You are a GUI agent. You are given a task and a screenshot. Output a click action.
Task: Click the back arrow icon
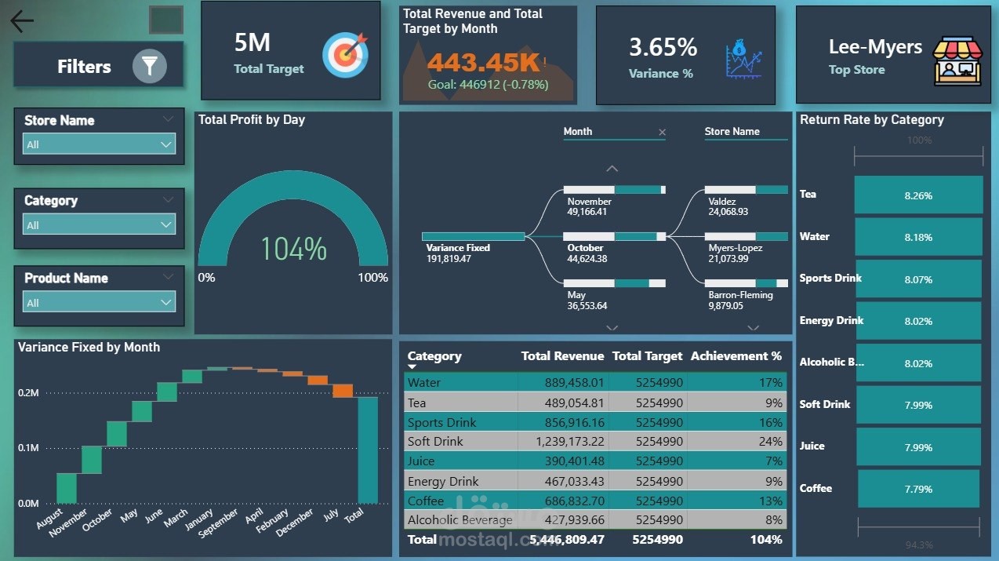pyautogui.click(x=22, y=21)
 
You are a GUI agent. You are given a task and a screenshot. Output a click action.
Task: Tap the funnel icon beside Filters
pyautogui.click(x=149, y=67)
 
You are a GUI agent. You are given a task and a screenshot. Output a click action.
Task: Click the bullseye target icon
pyautogui.click(x=345, y=54)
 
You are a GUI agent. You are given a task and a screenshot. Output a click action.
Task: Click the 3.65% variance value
pyautogui.click(x=663, y=48)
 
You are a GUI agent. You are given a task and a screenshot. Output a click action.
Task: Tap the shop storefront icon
pyautogui.click(x=957, y=60)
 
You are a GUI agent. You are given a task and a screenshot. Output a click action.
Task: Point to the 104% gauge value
pyautogui.click(x=293, y=249)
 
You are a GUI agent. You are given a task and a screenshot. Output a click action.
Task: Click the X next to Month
pyautogui.click(x=662, y=133)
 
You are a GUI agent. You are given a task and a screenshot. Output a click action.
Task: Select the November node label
pyautogui.click(x=589, y=202)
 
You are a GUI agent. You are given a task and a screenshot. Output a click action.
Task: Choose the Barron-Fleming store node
pyautogui.click(x=740, y=295)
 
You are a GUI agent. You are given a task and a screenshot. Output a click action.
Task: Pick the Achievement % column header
pyautogui.click(x=736, y=356)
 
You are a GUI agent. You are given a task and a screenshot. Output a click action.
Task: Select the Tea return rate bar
pyautogui.click(x=917, y=195)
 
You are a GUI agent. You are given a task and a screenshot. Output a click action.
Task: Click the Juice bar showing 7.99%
pyautogui.click(x=917, y=447)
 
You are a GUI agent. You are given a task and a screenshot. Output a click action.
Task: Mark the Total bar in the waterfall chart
pyautogui.click(x=368, y=450)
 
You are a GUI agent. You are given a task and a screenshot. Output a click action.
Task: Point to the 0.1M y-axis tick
pyautogui.click(x=28, y=448)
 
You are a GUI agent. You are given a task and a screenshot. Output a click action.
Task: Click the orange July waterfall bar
pyautogui.click(x=343, y=391)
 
